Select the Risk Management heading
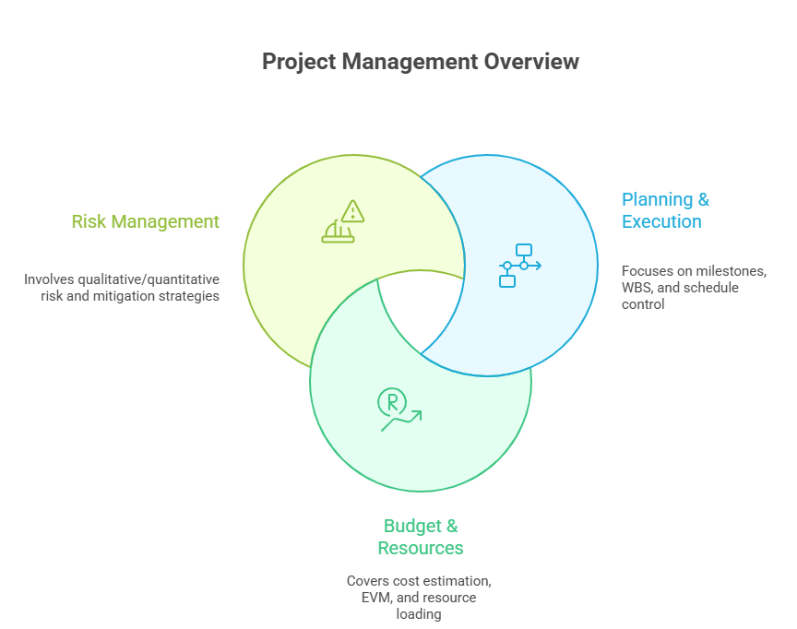pyautogui.click(x=145, y=221)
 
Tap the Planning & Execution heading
pyautogui.click(x=665, y=210)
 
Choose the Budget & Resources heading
pyautogui.click(x=421, y=537)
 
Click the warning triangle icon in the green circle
pyautogui.click(x=352, y=210)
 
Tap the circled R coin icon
pyautogui.click(x=391, y=401)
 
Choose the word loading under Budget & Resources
pyautogui.click(x=421, y=614)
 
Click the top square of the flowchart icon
pyautogui.click(x=524, y=249)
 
